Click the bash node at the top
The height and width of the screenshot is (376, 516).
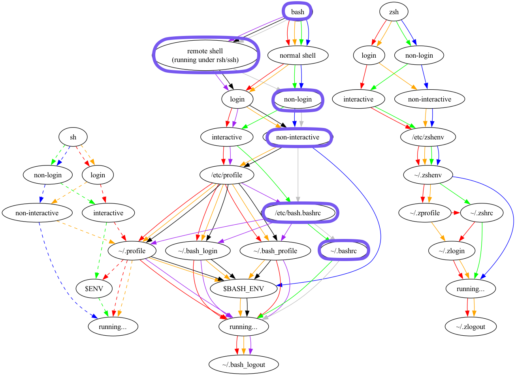[x=298, y=12]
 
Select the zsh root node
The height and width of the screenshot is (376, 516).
[x=394, y=12]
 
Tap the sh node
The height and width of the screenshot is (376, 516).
[x=73, y=137]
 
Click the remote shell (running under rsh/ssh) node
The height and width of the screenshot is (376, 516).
[x=205, y=55]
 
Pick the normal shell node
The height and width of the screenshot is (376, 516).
[x=298, y=55]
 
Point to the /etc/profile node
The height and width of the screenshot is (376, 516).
[x=227, y=175]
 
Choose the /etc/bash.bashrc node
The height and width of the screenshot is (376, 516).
[x=298, y=213]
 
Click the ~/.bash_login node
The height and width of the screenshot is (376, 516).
[x=198, y=251]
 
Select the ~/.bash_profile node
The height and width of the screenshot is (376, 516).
[x=275, y=251]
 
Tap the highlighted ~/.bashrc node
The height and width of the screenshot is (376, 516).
[x=343, y=251]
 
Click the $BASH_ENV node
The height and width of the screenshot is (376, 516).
[x=243, y=289]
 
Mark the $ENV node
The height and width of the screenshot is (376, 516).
[x=94, y=289]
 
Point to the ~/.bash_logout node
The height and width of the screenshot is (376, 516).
[x=243, y=365]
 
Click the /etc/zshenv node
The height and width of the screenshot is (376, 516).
[x=428, y=137]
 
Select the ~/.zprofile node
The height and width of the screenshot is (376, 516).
[x=425, y=213]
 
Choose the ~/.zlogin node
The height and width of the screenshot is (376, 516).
[x=452, y=251]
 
